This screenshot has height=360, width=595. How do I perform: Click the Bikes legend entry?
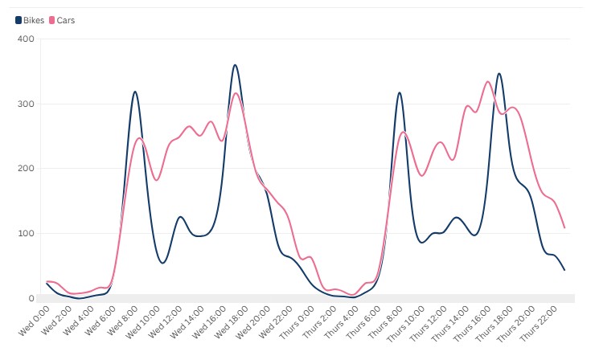[x=29, y=20]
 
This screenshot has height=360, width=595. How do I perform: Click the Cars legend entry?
[x=62, y=20]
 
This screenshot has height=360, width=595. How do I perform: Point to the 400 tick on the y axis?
[x=26, y=39]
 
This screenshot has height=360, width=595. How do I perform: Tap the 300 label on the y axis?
[x=26, y=104]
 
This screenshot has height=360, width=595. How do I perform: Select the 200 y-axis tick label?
[x=26, y=169]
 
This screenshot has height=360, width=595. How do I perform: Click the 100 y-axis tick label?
[x=26, y=234]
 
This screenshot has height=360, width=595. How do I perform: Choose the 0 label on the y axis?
[x=31, y=299]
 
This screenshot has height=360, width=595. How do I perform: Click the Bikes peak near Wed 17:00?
[x=235, y=65]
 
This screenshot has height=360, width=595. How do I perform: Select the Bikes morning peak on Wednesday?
[x=135, y=92]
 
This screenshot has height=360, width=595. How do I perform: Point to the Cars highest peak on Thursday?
[x=488, y=81]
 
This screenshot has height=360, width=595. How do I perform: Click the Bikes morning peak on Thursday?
[x=399, y=92]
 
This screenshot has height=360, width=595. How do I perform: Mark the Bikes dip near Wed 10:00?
[x=162, y=263]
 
